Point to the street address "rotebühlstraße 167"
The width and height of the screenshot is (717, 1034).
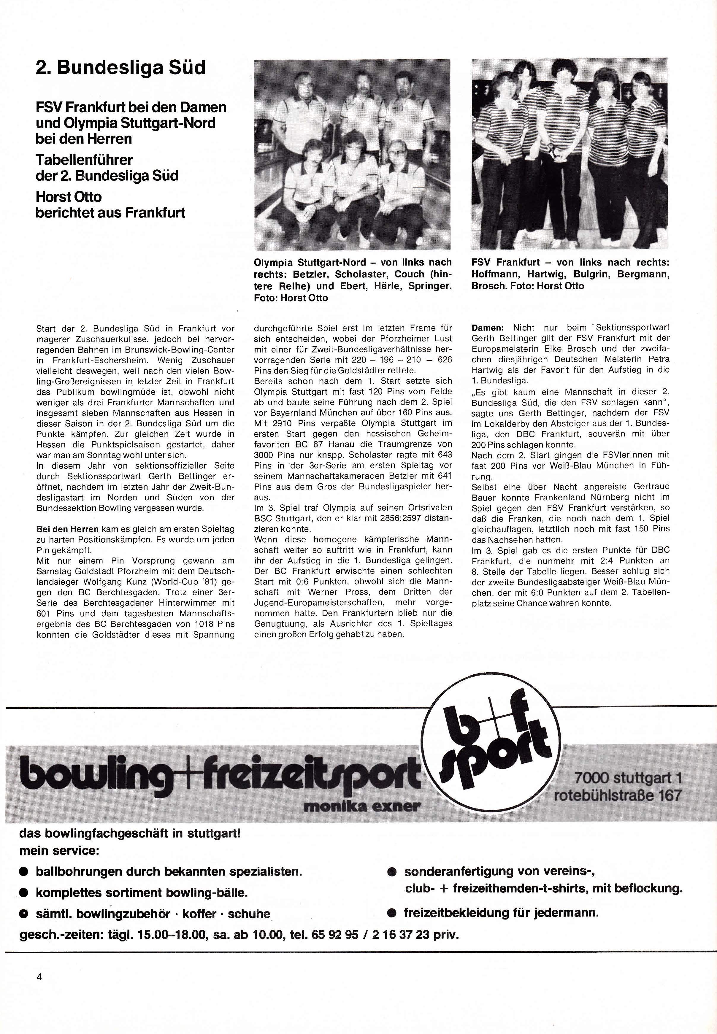618,795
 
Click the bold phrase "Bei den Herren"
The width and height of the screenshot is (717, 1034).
67,530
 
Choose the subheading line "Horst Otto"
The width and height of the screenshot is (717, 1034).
69,197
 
